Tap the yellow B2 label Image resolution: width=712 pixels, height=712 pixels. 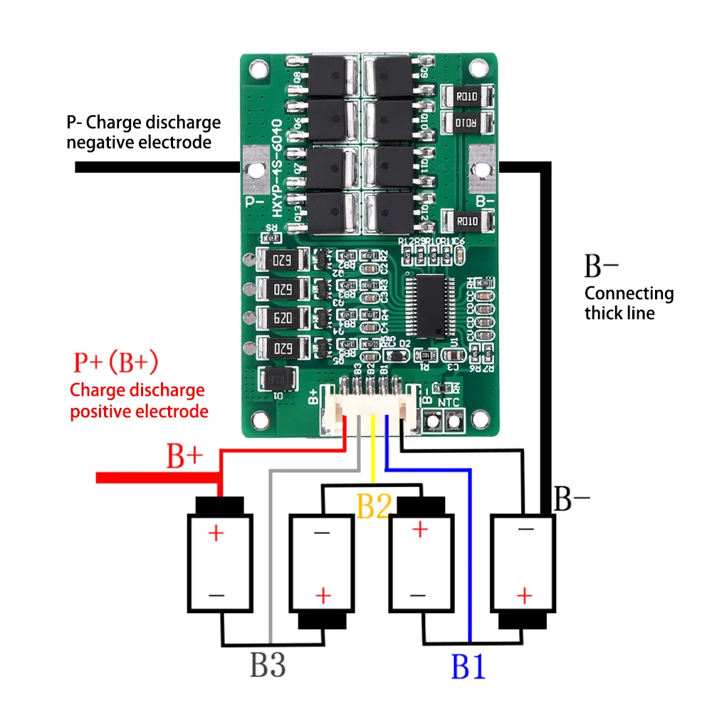(375, 507)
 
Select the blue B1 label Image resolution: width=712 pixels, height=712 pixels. (468, 667)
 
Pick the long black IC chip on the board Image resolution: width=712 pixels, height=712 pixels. (428, 306)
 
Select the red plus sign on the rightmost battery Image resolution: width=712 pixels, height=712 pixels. (525, 594)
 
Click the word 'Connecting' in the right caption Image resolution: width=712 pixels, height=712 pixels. (629, 293)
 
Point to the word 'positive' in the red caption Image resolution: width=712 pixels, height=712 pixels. (100, 411)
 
